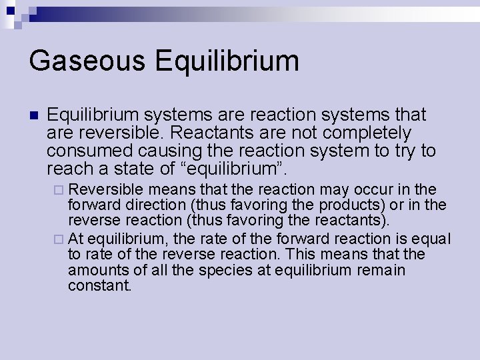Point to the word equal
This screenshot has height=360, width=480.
pos(435,239)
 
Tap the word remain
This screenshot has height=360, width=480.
pos(381,271)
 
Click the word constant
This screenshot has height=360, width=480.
pos(100,286)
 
